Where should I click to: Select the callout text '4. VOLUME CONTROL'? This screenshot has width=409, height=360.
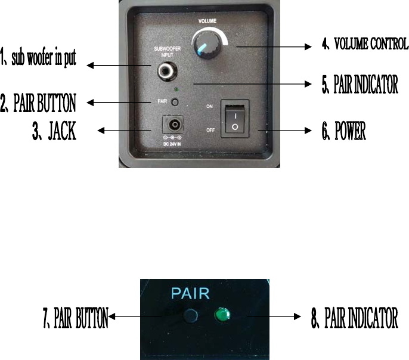tap(364, 44)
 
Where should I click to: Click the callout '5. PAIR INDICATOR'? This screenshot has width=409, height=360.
tap(360, 86)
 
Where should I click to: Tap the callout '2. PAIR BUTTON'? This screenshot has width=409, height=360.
tap(39, 104)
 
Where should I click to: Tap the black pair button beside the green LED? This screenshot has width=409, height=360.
tap(191, 315)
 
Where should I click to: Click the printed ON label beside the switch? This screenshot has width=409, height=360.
tap(209, 105)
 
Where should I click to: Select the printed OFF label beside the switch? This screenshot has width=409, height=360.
tap(209, 128)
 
